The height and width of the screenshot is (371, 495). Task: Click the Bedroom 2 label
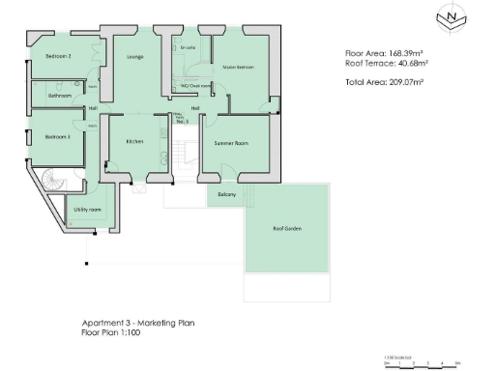click(x=58, y=57)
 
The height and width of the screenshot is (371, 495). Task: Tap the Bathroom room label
click(x=60, y=96)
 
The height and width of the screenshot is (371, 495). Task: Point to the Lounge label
click(x=135, y=57)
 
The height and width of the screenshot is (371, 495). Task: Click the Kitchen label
click(x=134, y=142)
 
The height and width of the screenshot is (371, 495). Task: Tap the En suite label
click(x=188, y=46)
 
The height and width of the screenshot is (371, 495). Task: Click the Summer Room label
click(x=232, y=143)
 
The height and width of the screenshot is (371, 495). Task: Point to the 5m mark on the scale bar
click(x=456, y=363)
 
